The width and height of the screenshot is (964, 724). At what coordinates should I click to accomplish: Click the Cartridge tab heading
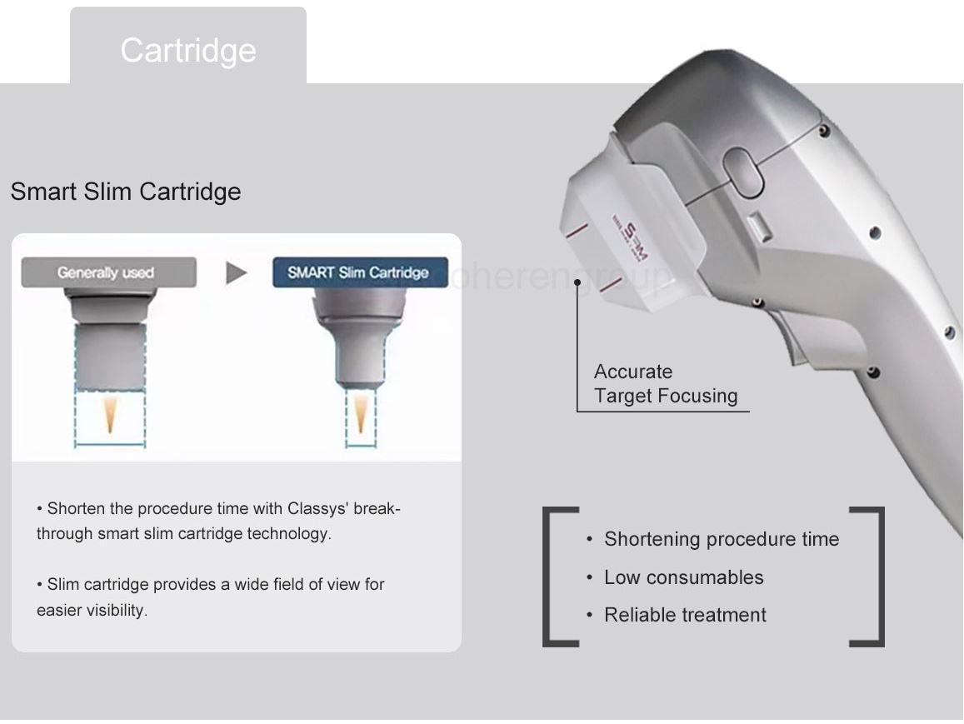[x=188, y=50]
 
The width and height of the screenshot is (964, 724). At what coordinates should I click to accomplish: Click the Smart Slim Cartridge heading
[x=126, y=192]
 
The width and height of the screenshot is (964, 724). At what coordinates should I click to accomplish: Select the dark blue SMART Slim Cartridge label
[x=359, y=272]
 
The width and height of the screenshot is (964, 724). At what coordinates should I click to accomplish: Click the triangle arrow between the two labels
[x=237, y=272]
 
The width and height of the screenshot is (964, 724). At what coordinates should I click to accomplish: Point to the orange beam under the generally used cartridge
[x=110, y=415]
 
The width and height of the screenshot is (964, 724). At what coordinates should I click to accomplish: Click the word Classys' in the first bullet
[x=313, y=508]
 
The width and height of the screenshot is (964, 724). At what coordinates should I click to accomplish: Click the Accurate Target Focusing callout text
[x=665, y=384]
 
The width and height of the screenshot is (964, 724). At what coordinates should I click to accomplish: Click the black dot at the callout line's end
[x=577, y=282]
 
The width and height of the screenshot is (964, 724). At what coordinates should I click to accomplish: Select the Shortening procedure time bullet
[x=721, y=539]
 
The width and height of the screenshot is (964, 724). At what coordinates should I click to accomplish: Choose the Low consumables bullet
[x=683, y=577]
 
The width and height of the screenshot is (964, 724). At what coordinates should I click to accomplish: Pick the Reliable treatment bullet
[x=685, y=615]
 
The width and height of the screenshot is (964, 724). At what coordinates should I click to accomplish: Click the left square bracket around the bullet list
[x=550, y=576]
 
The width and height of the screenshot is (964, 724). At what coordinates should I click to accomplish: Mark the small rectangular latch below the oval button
[x=758, y=227]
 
